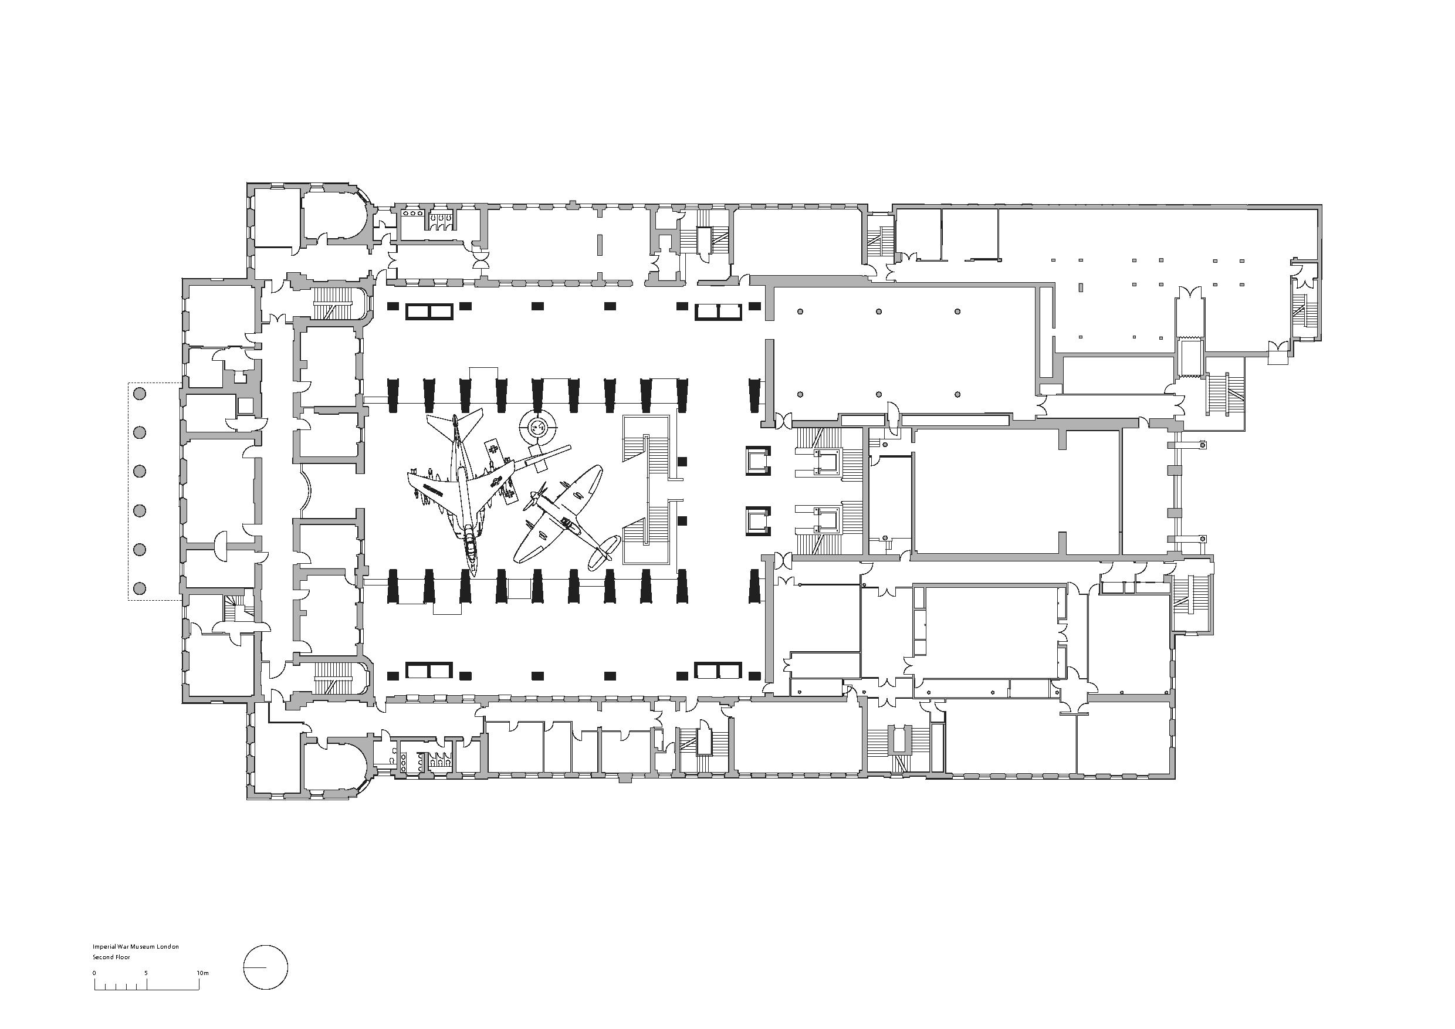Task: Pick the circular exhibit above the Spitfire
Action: click(537, 428)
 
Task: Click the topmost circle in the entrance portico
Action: click(140, 394)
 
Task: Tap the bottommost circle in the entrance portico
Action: click(140, 588)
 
